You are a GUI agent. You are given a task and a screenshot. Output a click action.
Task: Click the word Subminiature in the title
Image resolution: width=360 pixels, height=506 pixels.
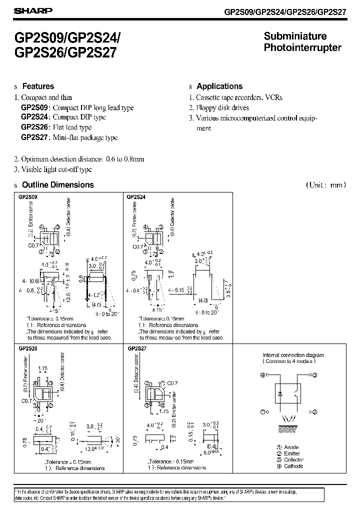pyautogui.click(x=295, y=36)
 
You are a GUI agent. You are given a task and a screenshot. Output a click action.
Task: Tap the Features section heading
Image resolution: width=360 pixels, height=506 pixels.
pyautogui.click(x=38, y=86)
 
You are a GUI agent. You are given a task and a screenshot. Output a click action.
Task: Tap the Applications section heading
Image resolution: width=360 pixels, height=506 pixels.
pyautogui.click(x=219, y=86)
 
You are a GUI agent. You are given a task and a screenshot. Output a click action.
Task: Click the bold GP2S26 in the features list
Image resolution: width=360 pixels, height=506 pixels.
pyautogui.click(x=33, y=127)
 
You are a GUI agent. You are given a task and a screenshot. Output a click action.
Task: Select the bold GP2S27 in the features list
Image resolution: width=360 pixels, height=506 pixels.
pyautogui.click(x=33, y=137)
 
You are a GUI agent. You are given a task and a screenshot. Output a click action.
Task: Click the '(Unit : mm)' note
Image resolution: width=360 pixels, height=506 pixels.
pyautogui.click(x=325, y=185)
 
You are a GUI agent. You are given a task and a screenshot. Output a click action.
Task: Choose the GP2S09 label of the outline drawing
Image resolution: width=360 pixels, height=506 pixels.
pyautogui.click(x=27, y=197)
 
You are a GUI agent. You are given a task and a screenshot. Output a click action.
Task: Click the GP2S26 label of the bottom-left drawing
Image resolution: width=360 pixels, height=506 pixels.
pyautogui.click(x=27, y=348)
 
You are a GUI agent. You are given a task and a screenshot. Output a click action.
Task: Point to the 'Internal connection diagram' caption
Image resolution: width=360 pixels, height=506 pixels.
pyautogui.click(x=293, y=355)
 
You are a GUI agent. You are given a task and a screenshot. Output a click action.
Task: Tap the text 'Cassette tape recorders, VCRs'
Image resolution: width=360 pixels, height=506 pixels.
pyautogui.click(x=239, y=97)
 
